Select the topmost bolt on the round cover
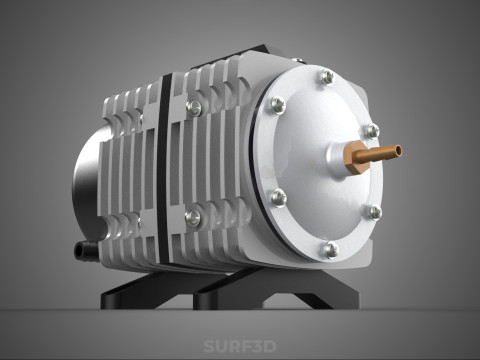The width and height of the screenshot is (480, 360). tap(325, 77)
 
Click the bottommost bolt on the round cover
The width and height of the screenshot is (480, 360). tap(330, 249)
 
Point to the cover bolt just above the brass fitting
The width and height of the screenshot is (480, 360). tap(370, 131)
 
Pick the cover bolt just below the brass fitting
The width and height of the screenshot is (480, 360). tap(372, 212)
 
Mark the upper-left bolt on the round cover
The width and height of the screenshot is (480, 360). tap(277, 104)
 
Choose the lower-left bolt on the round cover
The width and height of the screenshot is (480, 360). tap(279, 198)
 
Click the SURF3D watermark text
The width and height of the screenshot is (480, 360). tap(240, 347)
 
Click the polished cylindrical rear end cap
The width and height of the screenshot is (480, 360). tap(85, 190)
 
